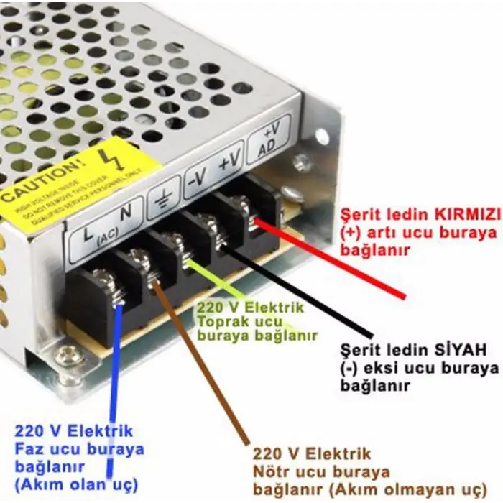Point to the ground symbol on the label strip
coord(164,198)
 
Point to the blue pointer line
coord(113,388)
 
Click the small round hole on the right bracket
coord(321,136)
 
